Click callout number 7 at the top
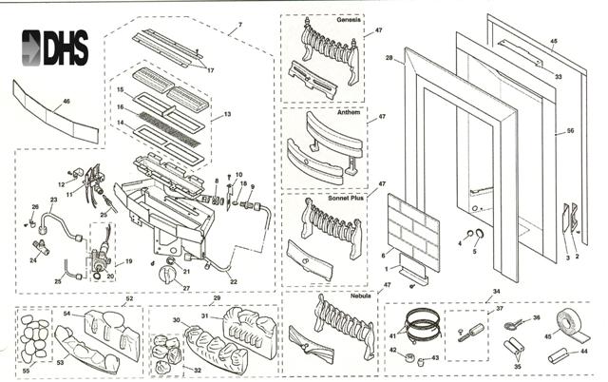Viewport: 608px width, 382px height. [x=240, y=22]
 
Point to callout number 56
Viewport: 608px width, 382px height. [x=570, y=130]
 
